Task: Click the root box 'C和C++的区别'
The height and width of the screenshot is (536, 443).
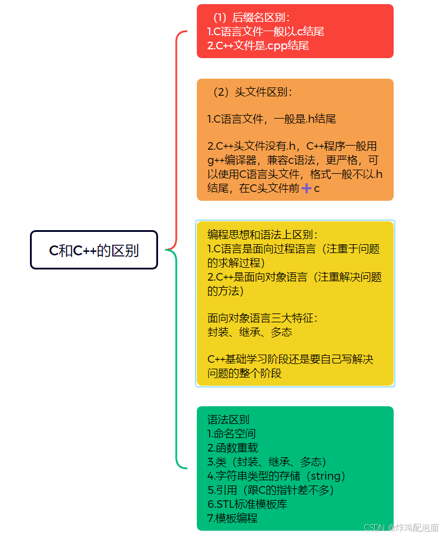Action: (94, 250)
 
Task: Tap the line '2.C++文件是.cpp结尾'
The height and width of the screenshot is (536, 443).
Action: (258, 45)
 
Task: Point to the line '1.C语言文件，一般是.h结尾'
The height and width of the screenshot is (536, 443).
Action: (271, 119)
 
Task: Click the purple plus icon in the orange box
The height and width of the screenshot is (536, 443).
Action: (306, 188)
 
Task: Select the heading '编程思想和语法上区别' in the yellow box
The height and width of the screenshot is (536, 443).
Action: (263, 235)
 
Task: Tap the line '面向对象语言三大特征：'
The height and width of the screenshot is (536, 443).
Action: (263, 318)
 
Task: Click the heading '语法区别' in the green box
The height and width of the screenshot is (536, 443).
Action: (228, 419)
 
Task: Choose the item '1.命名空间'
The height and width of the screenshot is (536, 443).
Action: (231, 434)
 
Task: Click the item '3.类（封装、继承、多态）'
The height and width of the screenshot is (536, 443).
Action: (267, 462)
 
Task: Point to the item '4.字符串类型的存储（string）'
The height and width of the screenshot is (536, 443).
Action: (277, 476)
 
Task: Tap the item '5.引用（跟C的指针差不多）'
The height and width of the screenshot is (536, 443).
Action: (270, 490)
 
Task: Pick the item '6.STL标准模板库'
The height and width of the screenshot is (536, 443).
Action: (247, 504)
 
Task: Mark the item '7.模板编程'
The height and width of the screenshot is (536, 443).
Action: (233, 518)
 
